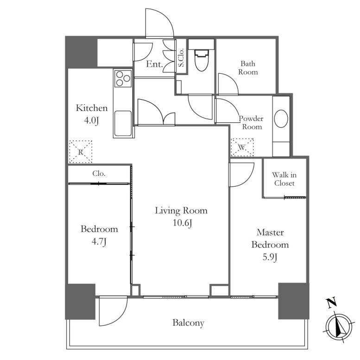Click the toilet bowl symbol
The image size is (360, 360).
tap(202, 60)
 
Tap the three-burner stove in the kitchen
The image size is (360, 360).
tap(123, 78)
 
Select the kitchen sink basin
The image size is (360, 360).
tap(123, 124)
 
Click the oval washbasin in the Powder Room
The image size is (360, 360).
tap(281, 119)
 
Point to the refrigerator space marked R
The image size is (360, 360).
tap(81, 152)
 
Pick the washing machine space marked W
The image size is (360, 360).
tap(242, 147)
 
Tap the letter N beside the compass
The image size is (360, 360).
tap(332, 303)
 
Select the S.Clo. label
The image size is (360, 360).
tap(181, 57)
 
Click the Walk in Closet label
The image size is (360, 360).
tap(284, 179)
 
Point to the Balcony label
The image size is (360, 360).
tap(188, 323)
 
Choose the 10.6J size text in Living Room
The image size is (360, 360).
tap(183, 223)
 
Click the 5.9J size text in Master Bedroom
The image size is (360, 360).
tap(270, 257)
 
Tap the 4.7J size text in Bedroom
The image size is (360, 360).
tap(99, 241)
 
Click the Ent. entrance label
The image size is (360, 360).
tap(154, 64)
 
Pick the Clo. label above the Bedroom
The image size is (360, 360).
tap(99, 173)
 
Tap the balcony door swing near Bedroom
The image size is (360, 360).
tap(122, 320)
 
